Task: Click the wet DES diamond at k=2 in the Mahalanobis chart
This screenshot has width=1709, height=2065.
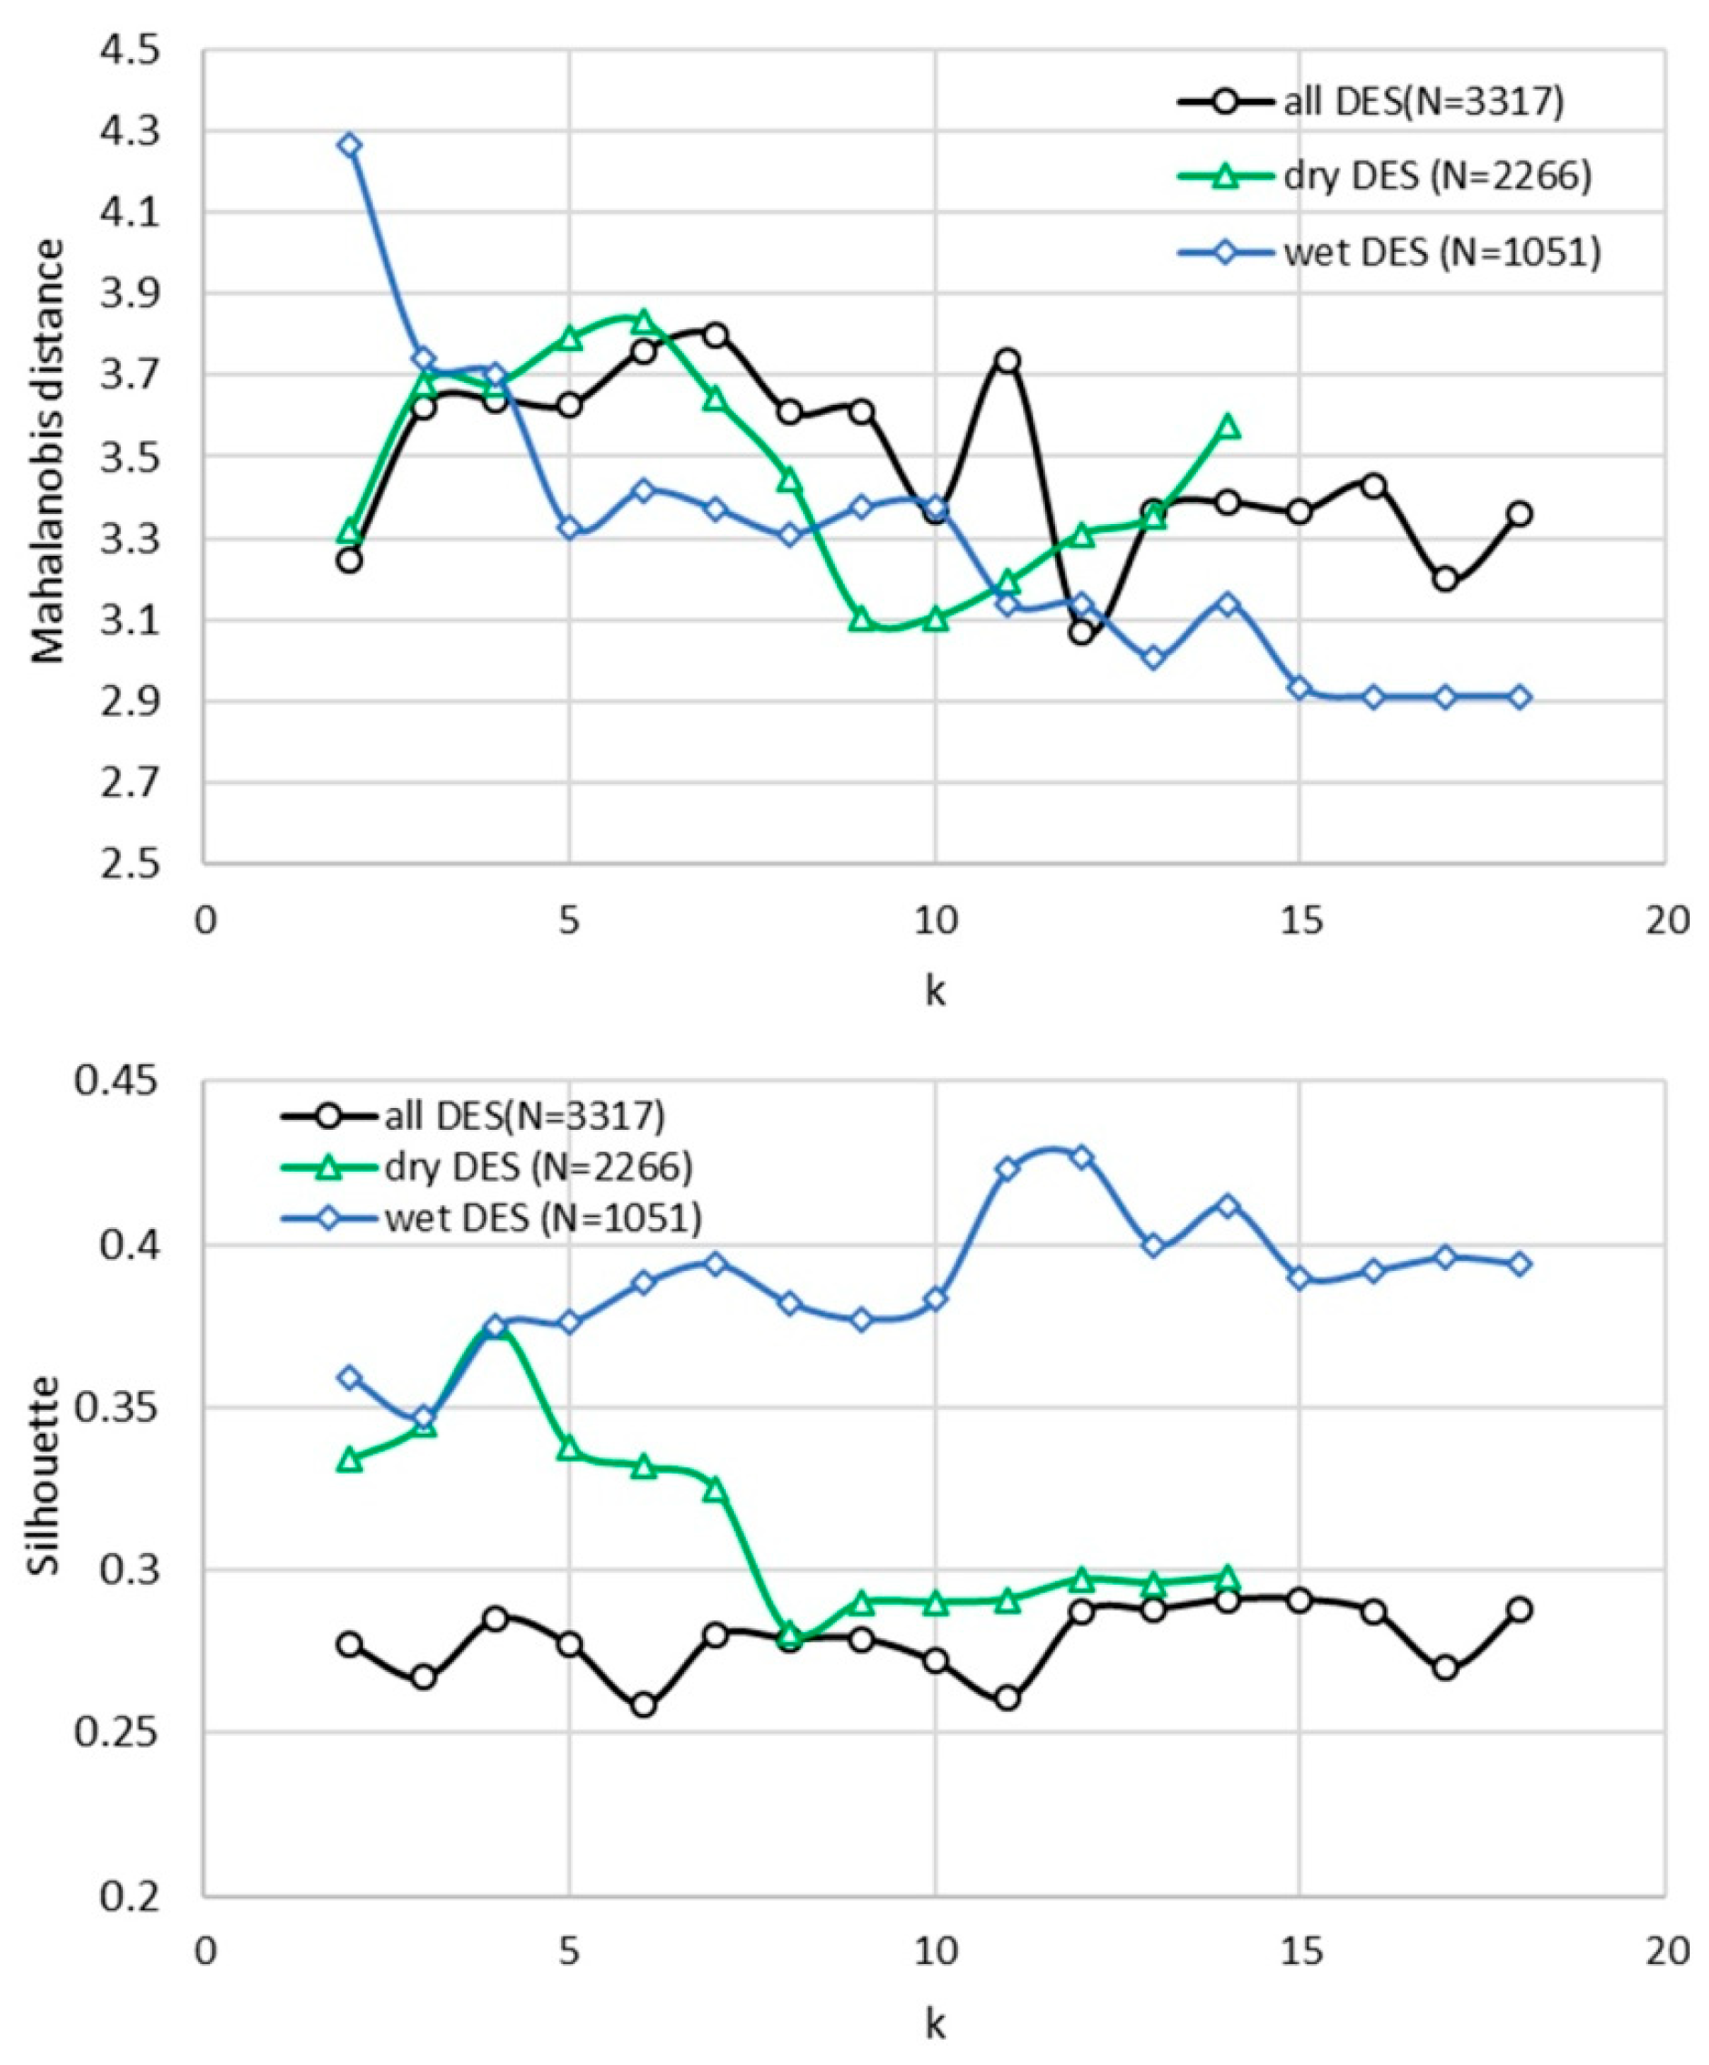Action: [349, 146]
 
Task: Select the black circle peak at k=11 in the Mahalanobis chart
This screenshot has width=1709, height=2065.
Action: [1007, 360]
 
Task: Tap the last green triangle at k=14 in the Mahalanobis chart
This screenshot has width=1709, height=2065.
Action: [1226, 426]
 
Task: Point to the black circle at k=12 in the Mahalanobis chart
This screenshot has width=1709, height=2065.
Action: [1081, 632]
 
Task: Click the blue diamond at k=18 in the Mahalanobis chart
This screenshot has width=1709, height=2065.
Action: [1519, 697]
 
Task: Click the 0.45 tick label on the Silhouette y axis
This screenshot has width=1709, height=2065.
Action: [118, 1083]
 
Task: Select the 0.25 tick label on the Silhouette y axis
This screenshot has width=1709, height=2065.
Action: [118, 1733]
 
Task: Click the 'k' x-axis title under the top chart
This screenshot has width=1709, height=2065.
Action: [934, 991]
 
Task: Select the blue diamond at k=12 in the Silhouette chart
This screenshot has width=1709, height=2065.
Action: [1081, 1156]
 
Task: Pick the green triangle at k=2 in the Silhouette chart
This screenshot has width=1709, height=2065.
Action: [349, 1460]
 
